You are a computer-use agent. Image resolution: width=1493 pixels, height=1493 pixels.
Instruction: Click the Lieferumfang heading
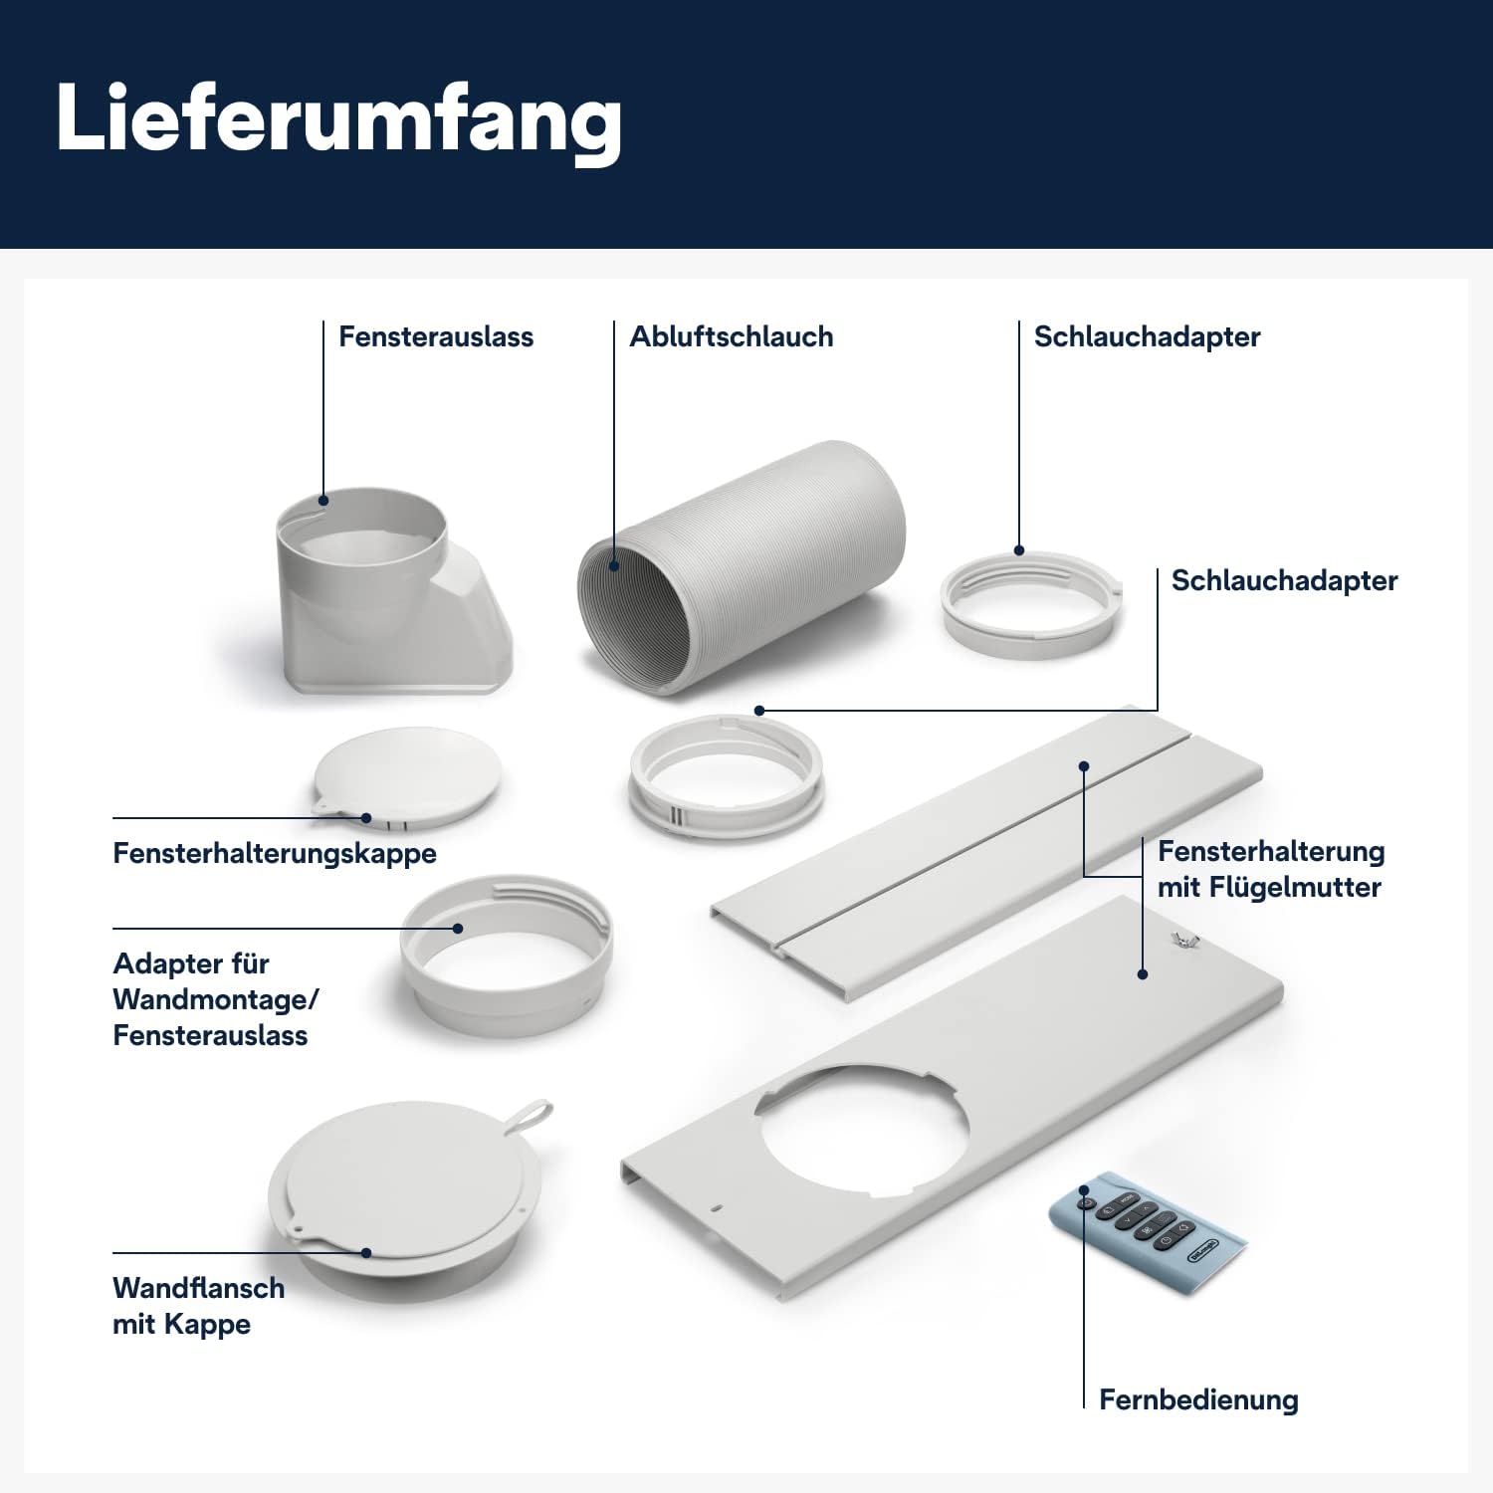338,119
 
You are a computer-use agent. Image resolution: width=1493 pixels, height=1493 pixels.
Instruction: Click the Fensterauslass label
435,336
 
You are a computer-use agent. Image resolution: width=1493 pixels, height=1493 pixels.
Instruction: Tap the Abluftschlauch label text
731,336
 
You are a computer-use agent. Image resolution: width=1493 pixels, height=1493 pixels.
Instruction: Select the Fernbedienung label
1197,1399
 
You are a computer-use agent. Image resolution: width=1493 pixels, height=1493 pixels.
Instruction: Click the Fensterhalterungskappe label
274,853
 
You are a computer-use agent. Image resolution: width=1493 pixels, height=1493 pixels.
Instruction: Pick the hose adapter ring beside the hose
1030,604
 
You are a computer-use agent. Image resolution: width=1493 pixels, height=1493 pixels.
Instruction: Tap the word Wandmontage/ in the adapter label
215,999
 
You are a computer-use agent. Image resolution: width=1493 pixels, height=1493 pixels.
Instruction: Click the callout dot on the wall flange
366,1252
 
